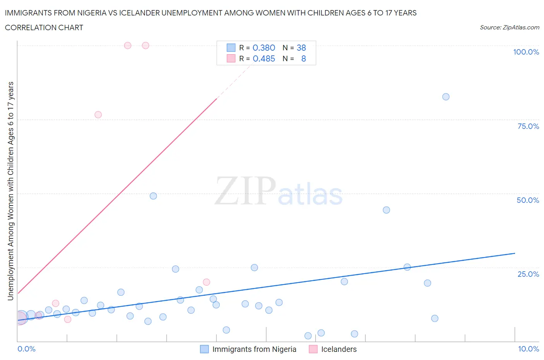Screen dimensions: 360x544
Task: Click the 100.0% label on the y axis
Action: point(526,52)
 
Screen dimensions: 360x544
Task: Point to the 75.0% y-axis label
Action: point(528,126)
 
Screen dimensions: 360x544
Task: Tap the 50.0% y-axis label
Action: point(528,200)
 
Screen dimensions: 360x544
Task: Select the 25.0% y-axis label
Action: point(528,274)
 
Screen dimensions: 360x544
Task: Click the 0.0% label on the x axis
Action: point(26,349)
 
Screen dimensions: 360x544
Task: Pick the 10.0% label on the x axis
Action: point(529,349)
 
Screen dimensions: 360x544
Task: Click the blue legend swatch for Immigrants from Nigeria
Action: point(204,349)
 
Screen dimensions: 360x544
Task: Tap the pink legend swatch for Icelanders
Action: point(313,349)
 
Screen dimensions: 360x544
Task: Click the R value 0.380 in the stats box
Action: point(263,48)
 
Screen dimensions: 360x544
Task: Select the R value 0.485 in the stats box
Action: point(263,58)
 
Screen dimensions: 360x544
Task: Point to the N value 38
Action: point(301,48)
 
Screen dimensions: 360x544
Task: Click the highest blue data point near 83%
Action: point(446,97)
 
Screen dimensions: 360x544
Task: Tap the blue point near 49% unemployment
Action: point(153,196)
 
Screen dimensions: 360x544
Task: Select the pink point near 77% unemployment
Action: point(98,115)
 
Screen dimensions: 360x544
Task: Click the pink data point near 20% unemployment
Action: point(206,282)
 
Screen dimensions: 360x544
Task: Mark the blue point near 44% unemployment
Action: point(386,210)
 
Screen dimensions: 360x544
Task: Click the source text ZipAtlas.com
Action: point(520,27)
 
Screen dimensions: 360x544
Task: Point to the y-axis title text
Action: point(10,191)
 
